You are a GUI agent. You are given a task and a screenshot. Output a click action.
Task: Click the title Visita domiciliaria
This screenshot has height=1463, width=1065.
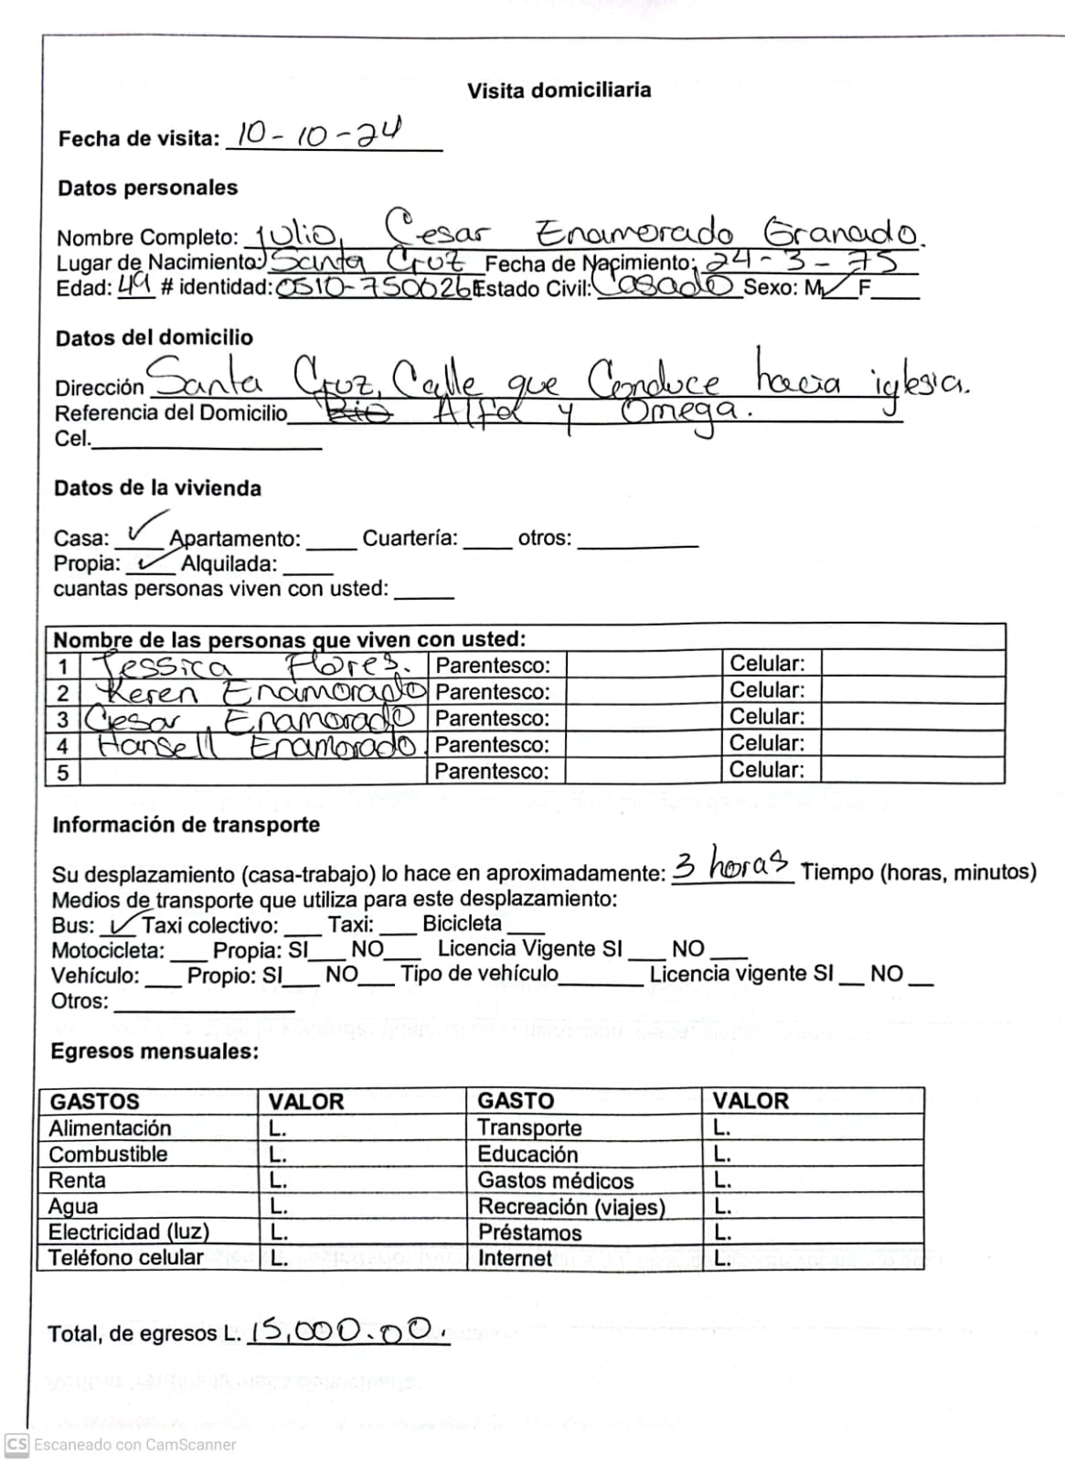559,91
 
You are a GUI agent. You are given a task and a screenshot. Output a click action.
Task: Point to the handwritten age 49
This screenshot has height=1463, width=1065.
135,287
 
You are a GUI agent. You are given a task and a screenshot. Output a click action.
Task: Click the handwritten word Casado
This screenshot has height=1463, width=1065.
666,286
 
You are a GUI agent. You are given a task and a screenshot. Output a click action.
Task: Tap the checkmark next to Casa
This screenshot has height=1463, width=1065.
145,529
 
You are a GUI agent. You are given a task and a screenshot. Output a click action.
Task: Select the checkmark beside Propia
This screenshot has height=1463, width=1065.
150,561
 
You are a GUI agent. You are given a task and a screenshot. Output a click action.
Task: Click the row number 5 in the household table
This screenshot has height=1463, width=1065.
62,772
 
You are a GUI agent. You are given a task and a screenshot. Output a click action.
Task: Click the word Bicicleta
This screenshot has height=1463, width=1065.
462,924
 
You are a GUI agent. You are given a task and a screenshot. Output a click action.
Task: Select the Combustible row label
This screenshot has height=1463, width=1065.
108,1154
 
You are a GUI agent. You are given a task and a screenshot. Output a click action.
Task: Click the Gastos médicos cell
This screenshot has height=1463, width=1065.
555,1180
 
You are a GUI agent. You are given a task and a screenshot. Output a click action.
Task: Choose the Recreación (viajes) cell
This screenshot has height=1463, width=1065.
570,1207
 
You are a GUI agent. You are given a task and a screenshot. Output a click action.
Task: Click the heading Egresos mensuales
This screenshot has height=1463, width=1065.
154,1052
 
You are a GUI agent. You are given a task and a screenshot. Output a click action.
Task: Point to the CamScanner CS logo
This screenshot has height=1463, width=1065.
16,1445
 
